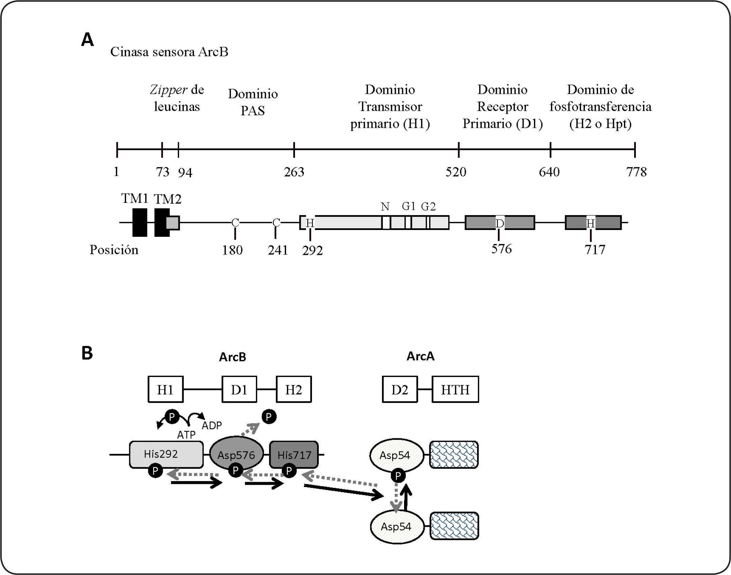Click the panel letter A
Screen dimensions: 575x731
tap(87, 40)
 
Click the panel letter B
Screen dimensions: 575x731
tap(87, 353)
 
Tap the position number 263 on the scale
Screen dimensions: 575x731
tap(294, 172)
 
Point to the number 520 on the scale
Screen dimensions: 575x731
tap(456, 172)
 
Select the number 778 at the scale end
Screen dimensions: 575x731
tap(636, 172)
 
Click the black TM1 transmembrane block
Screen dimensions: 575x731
tap(140, 223)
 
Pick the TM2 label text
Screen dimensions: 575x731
tap(168, 199)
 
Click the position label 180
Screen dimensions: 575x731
tap(232, 250)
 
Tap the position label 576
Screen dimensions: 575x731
tap(501, 249)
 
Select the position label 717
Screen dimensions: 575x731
tap(595, 250)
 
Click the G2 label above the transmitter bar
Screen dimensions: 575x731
tap(428, 207)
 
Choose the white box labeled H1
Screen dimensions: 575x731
tap(166, 390)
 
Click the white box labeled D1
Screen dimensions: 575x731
tap(239, 390)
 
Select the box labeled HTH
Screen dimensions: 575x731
tap(455, 390)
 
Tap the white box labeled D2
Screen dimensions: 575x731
tap(400, 390)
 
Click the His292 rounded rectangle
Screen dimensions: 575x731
tap(166, 454)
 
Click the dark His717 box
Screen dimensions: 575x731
tap(294, 455)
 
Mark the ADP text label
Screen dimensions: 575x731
tap(212, 425)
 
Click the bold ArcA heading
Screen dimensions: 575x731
tap(420, 356)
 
